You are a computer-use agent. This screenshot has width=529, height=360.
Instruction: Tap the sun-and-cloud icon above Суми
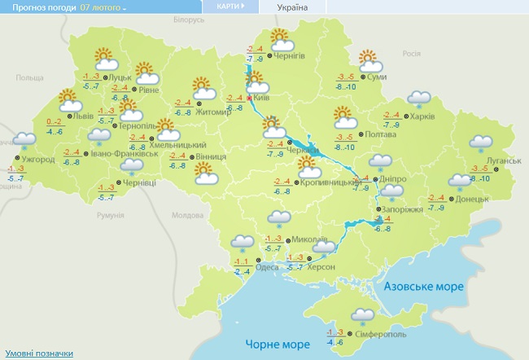pos(371,59)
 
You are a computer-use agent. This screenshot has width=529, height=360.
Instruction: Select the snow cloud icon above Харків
pos(419,99)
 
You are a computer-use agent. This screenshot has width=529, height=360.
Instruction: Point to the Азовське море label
pos(422,287)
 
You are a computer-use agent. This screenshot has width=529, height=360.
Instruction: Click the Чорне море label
pos(275,345)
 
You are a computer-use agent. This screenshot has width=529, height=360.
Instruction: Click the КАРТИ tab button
pos(228,7)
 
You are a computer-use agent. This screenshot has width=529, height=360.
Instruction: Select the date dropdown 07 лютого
pos(103,7)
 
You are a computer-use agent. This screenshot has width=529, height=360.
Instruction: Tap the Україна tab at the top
pos(292,7)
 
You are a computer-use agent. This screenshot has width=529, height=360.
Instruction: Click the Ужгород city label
pos(38,160)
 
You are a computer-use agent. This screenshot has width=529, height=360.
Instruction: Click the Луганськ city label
pos(504,161)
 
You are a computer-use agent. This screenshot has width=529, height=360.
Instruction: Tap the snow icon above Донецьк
pos(457,183)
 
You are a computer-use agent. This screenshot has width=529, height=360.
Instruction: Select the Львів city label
pos(83,116)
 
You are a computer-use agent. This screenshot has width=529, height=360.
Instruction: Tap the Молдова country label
pos(188,216)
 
